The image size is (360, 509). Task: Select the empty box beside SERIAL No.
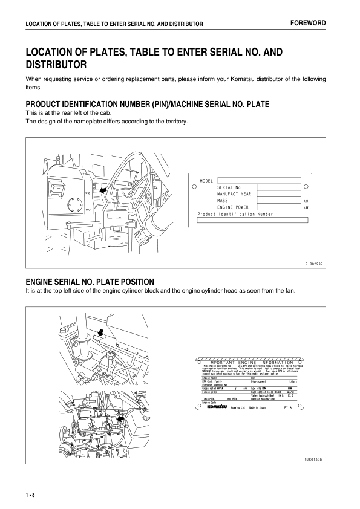(280, 187)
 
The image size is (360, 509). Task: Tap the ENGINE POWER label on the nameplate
(234, 207)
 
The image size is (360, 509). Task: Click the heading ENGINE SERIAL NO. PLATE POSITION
(90, 282)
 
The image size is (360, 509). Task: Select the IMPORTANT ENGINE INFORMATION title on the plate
(250, 363)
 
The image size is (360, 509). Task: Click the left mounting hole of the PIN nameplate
(194, 187)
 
